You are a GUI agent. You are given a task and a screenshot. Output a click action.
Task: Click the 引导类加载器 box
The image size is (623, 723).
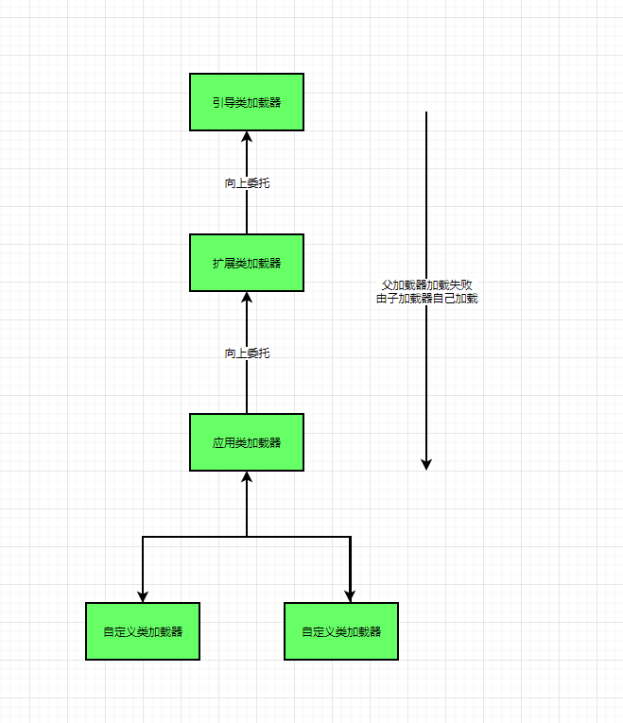click(x=247, y=102)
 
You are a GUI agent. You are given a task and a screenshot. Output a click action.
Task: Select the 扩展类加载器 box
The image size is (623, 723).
click(x=247, y=263)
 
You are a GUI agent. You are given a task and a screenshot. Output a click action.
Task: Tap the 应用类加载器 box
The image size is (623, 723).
click(x=247, y=442)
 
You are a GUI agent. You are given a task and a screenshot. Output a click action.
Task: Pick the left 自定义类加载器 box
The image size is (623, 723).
click(x=143, y=631)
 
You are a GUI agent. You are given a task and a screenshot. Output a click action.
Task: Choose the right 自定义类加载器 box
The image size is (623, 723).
click(x=341, y=631)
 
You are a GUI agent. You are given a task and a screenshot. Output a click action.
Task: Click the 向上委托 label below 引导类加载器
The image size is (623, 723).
click(x=247, y=183)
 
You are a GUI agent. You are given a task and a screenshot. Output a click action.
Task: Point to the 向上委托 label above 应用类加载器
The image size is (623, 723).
click(x=247, y=353)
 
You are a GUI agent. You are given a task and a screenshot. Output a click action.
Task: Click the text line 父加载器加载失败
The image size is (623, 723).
click(x=426, y=284)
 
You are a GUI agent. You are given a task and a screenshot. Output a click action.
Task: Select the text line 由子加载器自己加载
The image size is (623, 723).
click(x=426, y=299)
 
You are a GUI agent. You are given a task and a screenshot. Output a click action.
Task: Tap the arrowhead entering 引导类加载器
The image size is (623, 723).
click(x=247, y=136)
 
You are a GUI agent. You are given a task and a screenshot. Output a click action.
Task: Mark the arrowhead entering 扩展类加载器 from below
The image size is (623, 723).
click(x=247, y=297)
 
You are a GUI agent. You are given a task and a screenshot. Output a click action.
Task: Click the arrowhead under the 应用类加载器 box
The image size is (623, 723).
click(x=247, y=476)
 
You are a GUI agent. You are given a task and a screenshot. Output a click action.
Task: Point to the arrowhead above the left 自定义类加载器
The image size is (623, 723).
click(x=143, y=596)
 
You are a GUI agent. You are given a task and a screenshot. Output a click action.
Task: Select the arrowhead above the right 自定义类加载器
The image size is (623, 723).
click(x=350, y=596)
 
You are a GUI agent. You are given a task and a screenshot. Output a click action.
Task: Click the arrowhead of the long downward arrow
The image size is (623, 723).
click(x=426, y=464)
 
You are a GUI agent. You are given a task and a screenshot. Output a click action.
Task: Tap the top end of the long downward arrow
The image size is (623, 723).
click(x=426, y=112)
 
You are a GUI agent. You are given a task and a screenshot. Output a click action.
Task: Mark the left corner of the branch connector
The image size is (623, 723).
click(x=143, y=537)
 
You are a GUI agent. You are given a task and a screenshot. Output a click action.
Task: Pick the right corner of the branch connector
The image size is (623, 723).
click(x=350, y=537)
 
